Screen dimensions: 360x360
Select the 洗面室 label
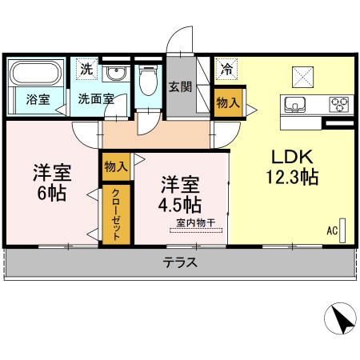pyautogui.click(x=95, y=100)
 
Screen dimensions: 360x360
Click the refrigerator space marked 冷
pyautogui.click(x=227, y=69)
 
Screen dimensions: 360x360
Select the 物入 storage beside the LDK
pyautogui.click(x=227, y=101)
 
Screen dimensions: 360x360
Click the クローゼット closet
pyautogui.click(x=115, y=215)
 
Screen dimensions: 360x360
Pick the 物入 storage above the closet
pyautogui.click(x=115, y=166)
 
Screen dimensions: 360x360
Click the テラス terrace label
pyautogui.click(x=180, y=262)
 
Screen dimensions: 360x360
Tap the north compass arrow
pyautogui.click(x=341, y=321)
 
